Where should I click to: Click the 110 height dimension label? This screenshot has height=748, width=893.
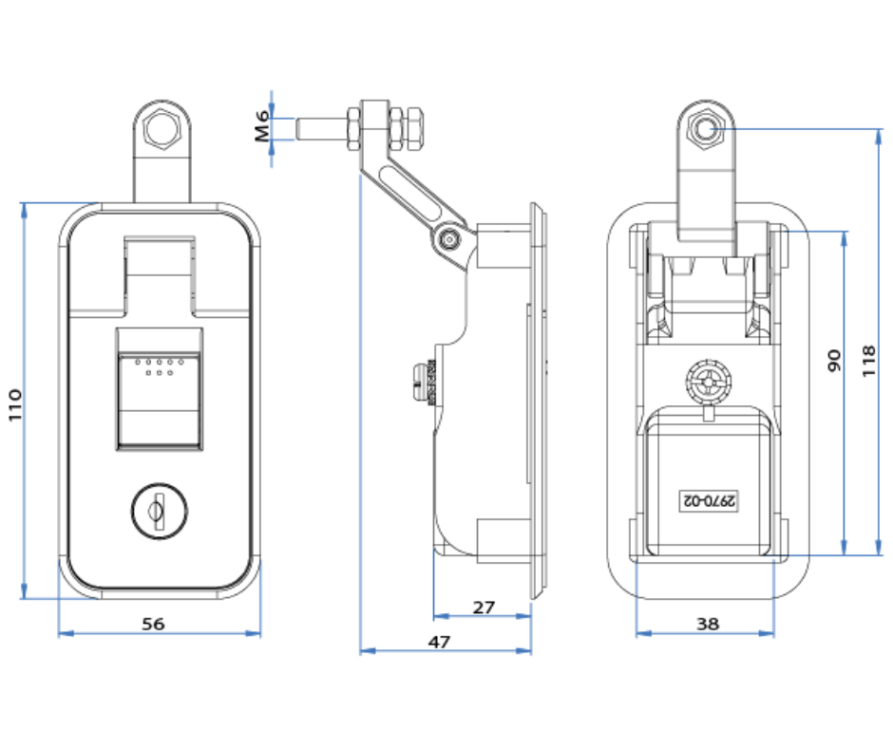pyautogui.click(x=15, y=402)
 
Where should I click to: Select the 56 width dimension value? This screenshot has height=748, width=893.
pyautogui.click(x=153, y=624)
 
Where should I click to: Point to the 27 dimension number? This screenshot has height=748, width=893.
pyautogui.click(x=484, y=607)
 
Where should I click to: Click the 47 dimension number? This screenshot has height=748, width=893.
pyautogui.click(x=438, y=642)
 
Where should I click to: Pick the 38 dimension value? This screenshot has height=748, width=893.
pyautogui.click(x=708, y=624)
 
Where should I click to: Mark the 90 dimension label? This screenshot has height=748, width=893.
pyautogui.click(x=834, y=360)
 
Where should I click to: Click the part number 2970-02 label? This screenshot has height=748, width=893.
pyautogui.click(x=709, y=498)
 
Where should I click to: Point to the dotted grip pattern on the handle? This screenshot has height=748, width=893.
pyautogui.click(x=158, y=365)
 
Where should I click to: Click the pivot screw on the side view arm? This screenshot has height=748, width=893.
pyautogui.click(x=449, y=240)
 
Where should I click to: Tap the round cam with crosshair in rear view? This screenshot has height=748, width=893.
pyautogui.click(x=709, y=382)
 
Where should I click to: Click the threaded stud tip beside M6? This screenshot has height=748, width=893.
pyautogui.click(x=304, y=127)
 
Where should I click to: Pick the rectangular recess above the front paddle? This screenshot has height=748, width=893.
pyautogui.click(x=158, y=270)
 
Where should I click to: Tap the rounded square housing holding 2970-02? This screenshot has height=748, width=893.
pyautogui.click(x=709, y=479)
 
